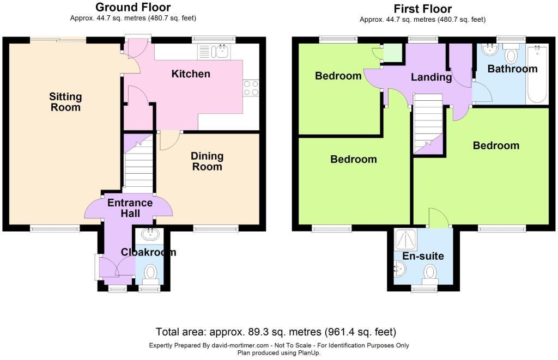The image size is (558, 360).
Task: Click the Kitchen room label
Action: (191, 74)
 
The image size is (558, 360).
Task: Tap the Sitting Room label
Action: (65, 102)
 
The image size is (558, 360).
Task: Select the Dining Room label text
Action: (207, 161)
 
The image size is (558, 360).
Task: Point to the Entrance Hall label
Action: (130, 208)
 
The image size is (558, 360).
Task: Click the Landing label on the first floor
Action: (432, 77)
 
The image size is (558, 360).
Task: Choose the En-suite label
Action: (423, 256)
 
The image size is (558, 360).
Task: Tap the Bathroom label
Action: (512, 69)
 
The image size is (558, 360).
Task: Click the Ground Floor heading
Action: (133, 7)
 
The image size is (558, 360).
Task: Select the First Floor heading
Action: (423, 9)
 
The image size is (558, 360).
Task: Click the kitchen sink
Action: (214, 52)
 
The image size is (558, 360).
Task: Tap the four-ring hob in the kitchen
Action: (251, 88)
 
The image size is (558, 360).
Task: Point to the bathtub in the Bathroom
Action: (537, 74)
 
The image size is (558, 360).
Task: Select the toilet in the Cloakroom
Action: (150, 275)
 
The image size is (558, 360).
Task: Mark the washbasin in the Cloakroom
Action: (151, 234)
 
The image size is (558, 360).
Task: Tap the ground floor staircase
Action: (138, 161)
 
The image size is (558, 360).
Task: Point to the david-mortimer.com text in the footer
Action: (240, 345)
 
